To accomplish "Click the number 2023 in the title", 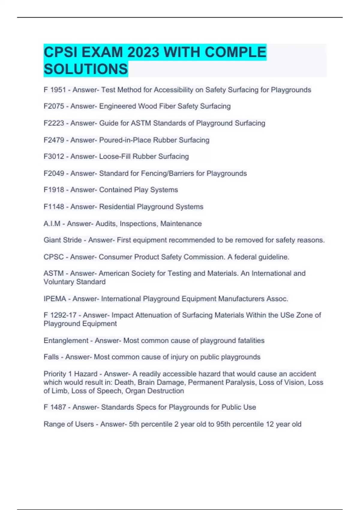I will click(143, 52).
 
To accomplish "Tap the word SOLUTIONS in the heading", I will click(86, 69).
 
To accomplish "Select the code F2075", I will click(54, 106).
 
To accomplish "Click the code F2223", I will click(54, 123).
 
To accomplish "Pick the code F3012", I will click(54, 157).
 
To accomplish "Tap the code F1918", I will click(54, 190).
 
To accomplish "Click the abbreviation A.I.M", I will click(52, 224).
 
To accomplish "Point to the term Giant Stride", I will click(63, 240).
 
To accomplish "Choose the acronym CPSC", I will click(54, 257).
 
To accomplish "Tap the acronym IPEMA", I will click(55, 299).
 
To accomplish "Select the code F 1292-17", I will click(60, 315).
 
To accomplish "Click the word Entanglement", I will click(66, 341).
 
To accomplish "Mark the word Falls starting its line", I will click(51, 357).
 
